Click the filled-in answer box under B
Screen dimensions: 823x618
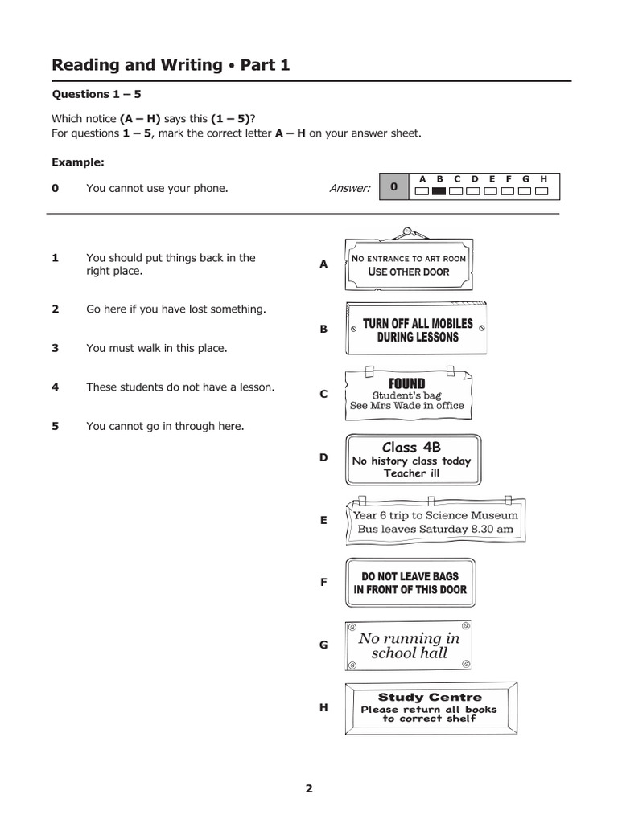(439, 191)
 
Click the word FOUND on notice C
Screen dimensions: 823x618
(406, 383)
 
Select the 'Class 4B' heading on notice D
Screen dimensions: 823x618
(412, 447)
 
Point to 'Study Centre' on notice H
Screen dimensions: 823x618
(430, 697)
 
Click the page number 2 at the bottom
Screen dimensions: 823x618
(308, 788)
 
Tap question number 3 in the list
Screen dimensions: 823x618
(56, 348)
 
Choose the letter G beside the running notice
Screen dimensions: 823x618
(323, 645)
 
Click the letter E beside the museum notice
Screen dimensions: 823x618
(323, 520)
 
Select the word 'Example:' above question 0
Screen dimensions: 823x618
(78, 162)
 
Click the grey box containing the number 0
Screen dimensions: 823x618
(394, 187)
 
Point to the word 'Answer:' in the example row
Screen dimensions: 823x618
(349, 188)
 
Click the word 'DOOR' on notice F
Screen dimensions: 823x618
(451, 589)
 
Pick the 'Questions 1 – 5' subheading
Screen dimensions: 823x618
(97, 94)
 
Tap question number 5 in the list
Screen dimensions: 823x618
(56, 426)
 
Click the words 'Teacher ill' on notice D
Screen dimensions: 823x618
(411, 473)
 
